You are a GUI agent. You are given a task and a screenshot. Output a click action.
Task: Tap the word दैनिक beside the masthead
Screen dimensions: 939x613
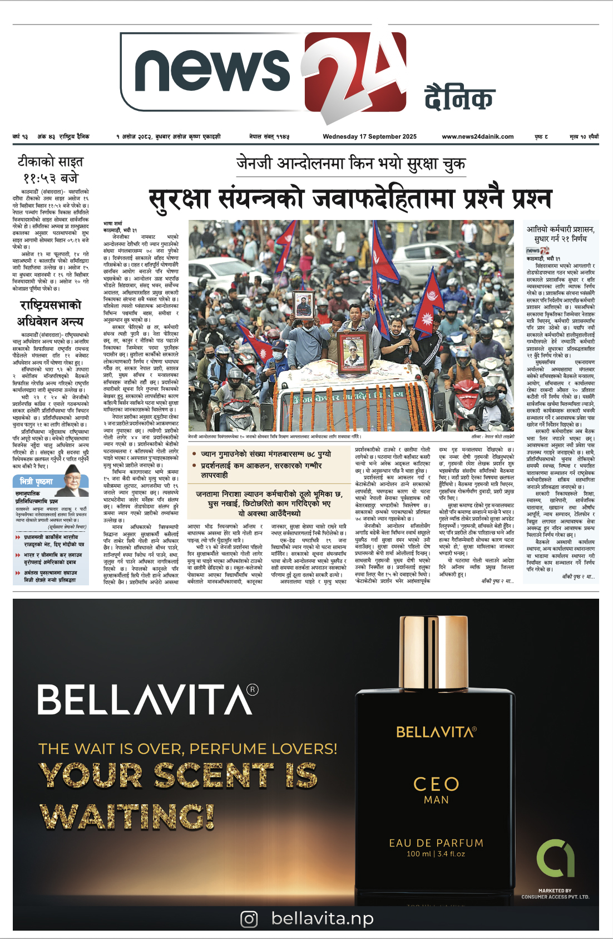click(x=459, y=98)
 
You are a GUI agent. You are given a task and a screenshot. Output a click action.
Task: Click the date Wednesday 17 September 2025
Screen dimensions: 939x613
click(x=369, y=136)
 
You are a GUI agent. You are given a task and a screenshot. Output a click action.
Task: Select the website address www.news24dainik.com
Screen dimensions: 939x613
click(x=478, y=136)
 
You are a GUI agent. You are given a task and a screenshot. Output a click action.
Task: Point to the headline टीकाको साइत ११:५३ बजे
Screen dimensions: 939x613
click(x=50, y=170)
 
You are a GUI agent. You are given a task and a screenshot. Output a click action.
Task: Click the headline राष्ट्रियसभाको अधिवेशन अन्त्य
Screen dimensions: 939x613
click(x=50, y=313)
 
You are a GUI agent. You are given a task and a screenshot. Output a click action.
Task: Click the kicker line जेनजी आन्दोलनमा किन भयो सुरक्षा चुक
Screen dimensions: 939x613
click(x=350, y=164)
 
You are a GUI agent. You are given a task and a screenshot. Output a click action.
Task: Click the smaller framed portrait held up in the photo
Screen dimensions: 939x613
click(x=304, y=304)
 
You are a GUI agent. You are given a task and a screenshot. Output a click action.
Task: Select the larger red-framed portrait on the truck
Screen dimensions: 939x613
click(x=353, y=352)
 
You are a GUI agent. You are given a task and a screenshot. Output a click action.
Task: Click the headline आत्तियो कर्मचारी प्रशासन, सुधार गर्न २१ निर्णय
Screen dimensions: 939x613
click(x=560, y=234)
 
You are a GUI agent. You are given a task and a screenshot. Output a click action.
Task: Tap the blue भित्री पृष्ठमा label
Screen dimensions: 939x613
click(x=37, y=481)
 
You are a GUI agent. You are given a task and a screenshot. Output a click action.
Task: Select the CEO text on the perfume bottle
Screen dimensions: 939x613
click(x=436, y=784)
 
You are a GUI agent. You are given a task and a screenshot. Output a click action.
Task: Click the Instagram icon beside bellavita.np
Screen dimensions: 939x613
click(x=249, y=918)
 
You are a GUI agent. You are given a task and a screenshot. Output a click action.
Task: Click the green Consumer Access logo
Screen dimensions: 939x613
click(x=555, y=858)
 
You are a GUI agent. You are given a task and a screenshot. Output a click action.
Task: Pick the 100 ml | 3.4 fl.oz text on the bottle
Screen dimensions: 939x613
click(x=436, y=854)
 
